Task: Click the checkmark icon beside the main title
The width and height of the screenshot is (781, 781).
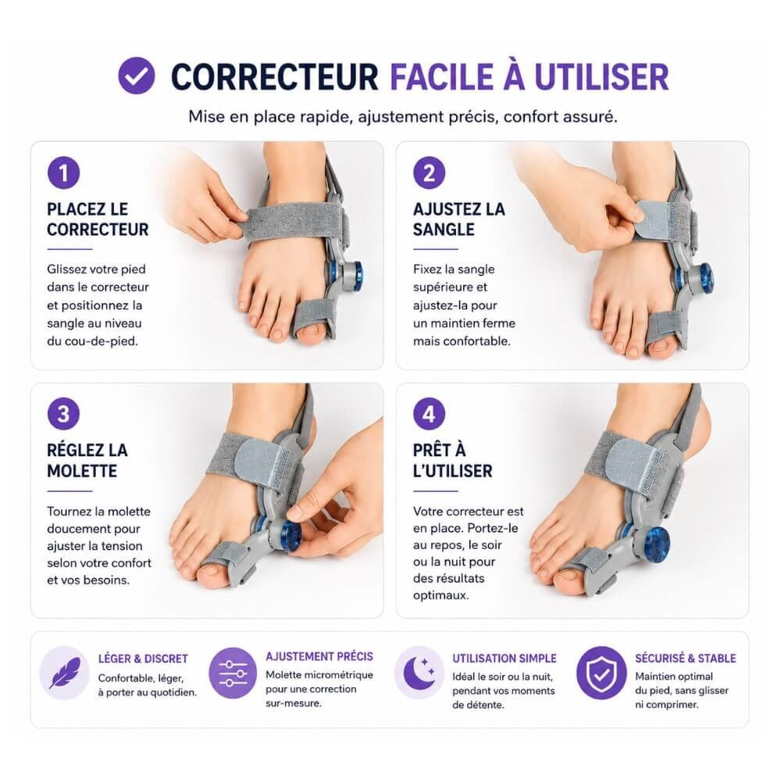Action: (x=137, y=75)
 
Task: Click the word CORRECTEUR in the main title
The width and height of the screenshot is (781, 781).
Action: (x=274, y=77)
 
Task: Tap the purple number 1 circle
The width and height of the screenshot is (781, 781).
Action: (x=64, y=173)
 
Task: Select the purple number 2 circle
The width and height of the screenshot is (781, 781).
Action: (x=429, y=173)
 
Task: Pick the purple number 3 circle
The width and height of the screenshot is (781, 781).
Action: (x=64, y=414)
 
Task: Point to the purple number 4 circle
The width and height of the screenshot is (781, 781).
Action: (x=429, y=414)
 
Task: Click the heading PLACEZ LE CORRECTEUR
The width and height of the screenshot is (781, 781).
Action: (x=98, y=219)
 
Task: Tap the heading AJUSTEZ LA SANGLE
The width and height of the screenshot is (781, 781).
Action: (x=458, y=219)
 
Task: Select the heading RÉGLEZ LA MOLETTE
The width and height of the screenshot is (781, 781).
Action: (x=87, y=460)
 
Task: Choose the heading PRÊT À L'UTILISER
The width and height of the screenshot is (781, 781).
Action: (x=452, y=460)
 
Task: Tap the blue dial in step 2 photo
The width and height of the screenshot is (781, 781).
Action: (x=704, y=277)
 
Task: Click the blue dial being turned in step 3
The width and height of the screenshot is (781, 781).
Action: (x=292, y=537)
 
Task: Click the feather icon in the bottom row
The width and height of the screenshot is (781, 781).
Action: (x=64, y=672)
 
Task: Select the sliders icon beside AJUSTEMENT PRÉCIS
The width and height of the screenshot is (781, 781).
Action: (x=233, y=672)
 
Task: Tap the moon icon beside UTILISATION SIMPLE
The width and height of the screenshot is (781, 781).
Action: (x=419, y=672)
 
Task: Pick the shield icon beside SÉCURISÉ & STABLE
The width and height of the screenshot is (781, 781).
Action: (x=601, y=672)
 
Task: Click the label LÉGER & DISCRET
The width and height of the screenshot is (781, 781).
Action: (x=143, y=658)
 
